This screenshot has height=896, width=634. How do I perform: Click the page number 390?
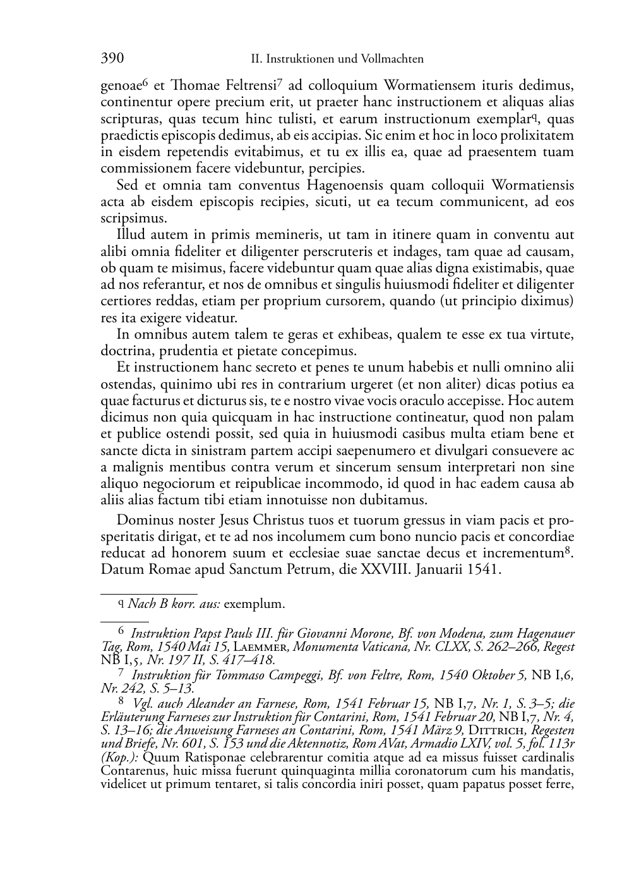point(112,59)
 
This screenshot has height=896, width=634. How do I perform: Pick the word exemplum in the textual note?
point(254,604)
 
